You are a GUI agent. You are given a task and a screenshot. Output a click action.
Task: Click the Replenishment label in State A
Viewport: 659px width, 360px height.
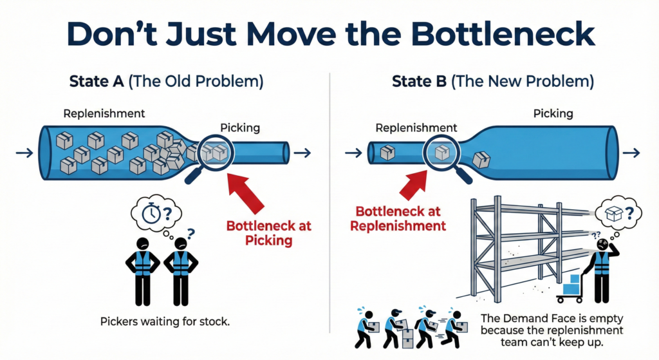(104, 113)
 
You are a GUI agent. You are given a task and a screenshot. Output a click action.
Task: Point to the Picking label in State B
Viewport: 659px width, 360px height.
(553, 113)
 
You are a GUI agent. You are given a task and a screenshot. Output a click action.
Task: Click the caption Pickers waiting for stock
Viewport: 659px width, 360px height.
(165, 320)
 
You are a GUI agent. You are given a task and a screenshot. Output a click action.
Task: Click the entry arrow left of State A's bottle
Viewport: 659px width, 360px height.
(24, 153)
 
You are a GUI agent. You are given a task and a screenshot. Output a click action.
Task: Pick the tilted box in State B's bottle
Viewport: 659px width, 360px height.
(481, 160)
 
